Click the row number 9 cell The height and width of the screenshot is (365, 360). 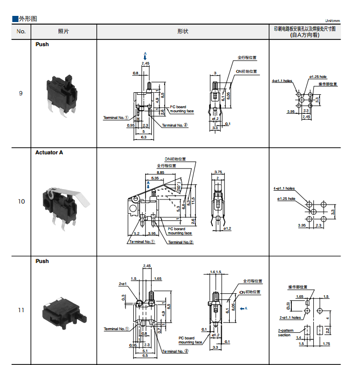click(x=21, y=93)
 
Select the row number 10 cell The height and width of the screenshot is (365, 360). click(x=21, y=201)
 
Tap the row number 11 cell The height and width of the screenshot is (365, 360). click(x=21, y=310)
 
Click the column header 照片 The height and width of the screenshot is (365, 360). click(x=64, y=31)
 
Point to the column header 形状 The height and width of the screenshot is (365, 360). click(x=183, y=31)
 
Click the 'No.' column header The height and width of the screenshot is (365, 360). click(x=21, y=31)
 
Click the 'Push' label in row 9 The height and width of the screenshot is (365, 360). click(x=42, y=45)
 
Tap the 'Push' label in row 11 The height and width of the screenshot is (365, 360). click(x=42, y=261)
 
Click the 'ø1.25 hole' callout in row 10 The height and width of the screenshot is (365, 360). click(x=287, y=199)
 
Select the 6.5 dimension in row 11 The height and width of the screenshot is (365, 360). click(x=145, y=355)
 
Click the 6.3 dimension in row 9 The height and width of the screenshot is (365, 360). click(x=144, y=137)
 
